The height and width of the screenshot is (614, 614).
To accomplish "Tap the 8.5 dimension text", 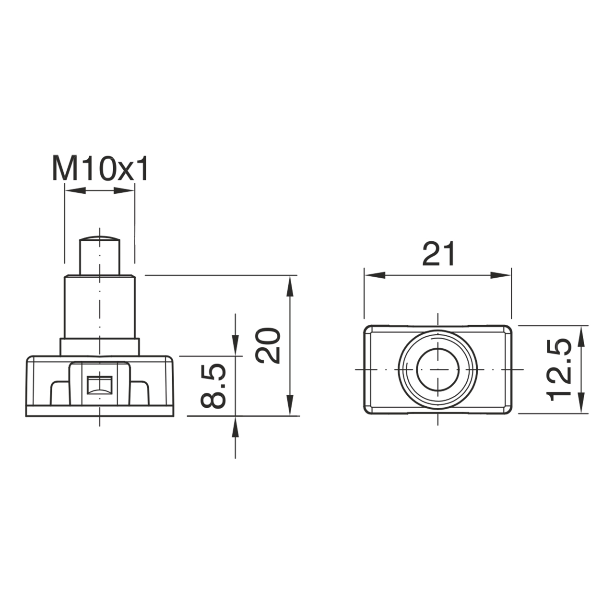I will click(x=213, y=386).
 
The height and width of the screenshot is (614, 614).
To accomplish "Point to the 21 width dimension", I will click(x=438, y=254).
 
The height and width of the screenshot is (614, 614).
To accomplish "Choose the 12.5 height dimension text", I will click(x=559, y=369).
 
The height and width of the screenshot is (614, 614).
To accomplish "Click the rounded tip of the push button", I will click(x=99, y=239).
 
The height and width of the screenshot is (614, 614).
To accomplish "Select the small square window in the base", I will click(x=99, y=385).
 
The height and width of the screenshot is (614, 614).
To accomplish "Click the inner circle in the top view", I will click(x=437, y=370).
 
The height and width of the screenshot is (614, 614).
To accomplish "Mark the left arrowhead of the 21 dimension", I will click(x=374, y=275).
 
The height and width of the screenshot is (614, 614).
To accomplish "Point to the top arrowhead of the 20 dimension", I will click(x=290, y=286).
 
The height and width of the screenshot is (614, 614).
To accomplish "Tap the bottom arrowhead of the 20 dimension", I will click(x=290, y=405).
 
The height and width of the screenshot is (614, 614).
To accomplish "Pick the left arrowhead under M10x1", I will click(x=75, y=191).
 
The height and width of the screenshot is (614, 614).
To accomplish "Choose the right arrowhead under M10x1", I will click(x=125, y=191).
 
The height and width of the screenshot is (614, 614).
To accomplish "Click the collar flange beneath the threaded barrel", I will click(x=99, y=347).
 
